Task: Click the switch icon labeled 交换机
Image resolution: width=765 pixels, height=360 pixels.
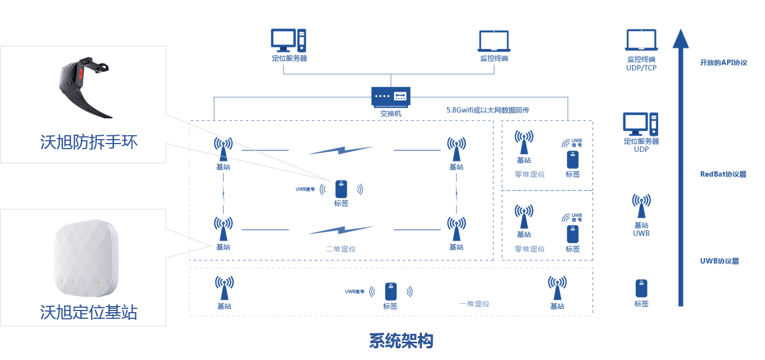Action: click(x=391, y=97)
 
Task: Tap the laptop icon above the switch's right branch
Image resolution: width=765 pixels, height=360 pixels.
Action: click(x=494, y=41)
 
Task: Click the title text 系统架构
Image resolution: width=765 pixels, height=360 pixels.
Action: click(x=401, y=341)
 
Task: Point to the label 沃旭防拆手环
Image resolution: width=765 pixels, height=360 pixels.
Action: click(x=89, y=142)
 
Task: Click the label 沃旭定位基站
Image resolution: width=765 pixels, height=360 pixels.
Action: click(x=89, y=312)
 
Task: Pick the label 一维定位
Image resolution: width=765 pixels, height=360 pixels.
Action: click(x=474, y=304)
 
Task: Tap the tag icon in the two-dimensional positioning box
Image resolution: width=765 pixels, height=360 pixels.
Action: click(x=341, y=189)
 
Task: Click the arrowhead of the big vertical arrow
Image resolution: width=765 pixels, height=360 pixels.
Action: click(x=680, y=39)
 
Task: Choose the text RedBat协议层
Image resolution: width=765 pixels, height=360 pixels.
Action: click(x=723, y=174)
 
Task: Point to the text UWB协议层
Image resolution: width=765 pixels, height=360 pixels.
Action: click(x=719, y=261)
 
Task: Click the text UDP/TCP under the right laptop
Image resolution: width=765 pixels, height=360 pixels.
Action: click(x=641, y=67)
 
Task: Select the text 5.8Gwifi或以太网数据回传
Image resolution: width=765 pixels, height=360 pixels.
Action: click(x=488, y=110)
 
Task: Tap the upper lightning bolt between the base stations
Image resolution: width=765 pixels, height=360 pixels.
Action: click(x=341, y=150)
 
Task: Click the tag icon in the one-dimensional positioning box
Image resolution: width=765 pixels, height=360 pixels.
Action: click(x=391, y=292)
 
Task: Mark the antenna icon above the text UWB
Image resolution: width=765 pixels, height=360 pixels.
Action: click(x=641, y=206)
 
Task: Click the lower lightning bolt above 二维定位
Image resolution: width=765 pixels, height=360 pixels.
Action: click(x=341, y=229)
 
